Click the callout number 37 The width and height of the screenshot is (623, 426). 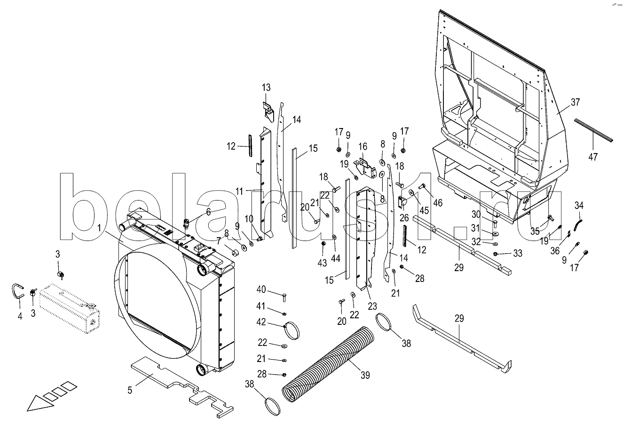click(x=576, y=102)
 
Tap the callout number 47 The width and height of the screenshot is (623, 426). click(x=593, y=157)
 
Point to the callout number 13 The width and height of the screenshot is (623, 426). click(x=266, y=88)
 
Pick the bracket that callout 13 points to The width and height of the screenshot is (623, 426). click(x=268, y=112)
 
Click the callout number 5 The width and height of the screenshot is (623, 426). click(x=130, y=390)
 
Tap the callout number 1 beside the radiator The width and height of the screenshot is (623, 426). click(x=99, y=228)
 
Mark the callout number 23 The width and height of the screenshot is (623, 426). click(x=372, y=306)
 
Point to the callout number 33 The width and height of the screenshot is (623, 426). click(x=518, y=253)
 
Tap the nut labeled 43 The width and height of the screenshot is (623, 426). click(x=323, y=244)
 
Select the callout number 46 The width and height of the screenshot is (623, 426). click(x=438, y=203)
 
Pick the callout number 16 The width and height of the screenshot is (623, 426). click(x=363, y=146)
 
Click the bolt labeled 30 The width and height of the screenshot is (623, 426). click(x=495, y=223)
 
